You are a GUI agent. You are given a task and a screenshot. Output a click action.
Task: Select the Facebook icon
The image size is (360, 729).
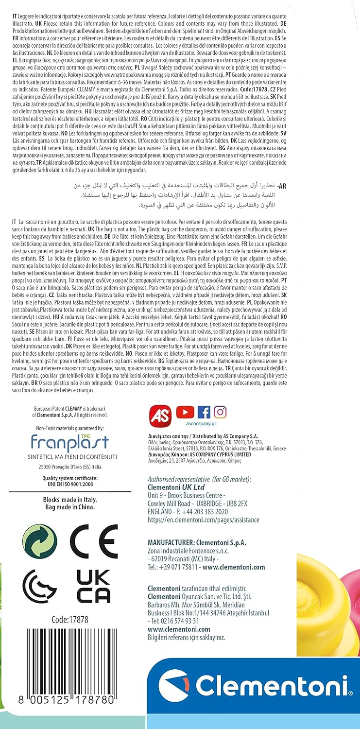[x=204, y=412]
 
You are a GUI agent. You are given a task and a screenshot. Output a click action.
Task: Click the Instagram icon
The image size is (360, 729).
[x=220, y=412]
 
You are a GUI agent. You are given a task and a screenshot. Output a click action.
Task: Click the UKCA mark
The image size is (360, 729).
[x=93, y=586]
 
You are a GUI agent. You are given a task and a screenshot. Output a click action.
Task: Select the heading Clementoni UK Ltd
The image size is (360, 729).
[x=176, y=487]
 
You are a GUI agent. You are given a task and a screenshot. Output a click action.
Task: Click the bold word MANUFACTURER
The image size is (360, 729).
[x=173, y=541]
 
